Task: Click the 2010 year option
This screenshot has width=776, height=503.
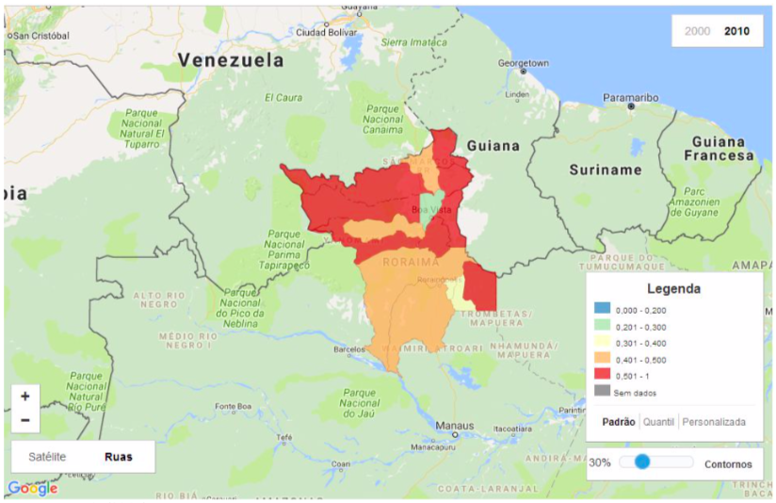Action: (736, 31)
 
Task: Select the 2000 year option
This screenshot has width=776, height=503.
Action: (697, 31)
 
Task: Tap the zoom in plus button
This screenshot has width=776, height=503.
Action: (25, 397)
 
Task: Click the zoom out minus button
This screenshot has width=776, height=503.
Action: (25, 420)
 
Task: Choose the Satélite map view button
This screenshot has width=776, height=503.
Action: (47, 457)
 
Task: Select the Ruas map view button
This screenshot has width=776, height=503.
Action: (118, 457)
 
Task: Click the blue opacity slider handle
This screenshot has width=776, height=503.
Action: (642, 462)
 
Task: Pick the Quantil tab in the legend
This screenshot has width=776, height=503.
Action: (658, 422)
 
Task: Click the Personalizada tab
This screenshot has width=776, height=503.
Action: (714, 422)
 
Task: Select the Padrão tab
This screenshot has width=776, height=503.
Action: (618, 422)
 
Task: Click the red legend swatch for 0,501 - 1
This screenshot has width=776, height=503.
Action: (602, 376)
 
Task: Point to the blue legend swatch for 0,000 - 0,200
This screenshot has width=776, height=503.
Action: (602, 309)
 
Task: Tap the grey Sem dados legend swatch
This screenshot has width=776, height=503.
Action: (602, 392)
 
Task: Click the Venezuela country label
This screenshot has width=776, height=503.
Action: (231, 59)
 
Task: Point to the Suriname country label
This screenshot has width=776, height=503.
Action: (605, 170)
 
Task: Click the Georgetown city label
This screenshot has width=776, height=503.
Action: (524, 64)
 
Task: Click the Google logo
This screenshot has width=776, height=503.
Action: (32, 488)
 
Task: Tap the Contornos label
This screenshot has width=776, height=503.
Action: (727, 463)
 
